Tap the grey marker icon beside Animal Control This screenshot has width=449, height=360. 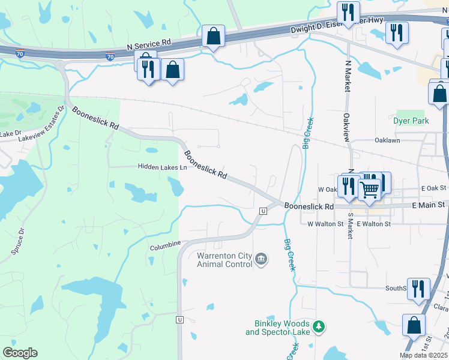261,259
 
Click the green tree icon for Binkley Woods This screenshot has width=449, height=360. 320,326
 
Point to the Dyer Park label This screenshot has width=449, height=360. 412,121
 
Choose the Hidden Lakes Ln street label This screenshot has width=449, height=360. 162,167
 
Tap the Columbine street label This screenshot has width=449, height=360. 165,245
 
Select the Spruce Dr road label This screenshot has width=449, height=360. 18,240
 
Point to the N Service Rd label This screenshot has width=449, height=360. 149,46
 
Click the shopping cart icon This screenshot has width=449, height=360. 370,190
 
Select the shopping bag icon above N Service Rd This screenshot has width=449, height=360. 213,36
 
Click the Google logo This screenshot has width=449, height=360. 20,353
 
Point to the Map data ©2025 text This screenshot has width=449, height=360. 423,355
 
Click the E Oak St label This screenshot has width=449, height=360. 431,188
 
